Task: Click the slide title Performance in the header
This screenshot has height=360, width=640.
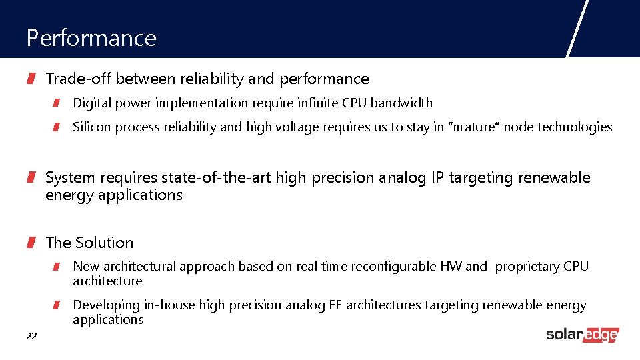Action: pos(91,38)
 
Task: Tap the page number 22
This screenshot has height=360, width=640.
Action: pos(31,336)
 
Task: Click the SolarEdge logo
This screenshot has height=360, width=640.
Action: pos(582,335)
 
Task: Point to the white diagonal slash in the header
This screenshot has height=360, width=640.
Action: pos(577,29)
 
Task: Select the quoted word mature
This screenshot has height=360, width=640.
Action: pos(476,127)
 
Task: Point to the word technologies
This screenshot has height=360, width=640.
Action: pos(575,127)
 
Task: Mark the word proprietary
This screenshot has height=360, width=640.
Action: pos(527,267)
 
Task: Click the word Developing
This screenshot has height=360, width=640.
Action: pos(106,305)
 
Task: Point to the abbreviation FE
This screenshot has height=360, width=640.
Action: pos(336,305)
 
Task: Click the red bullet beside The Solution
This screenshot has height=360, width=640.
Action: pos(31,243)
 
